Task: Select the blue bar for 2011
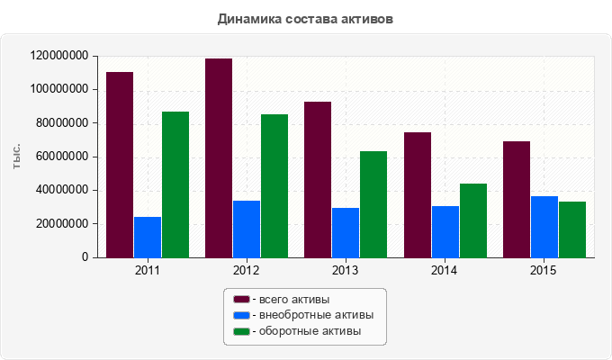click(148, 237)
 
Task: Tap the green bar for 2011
click(175, 184)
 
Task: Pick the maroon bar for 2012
click(219, 157)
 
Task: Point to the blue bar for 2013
click(346, 232)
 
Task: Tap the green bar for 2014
click(473, 220)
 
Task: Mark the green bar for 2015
click(572, 229)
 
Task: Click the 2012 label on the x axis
click(247, 270)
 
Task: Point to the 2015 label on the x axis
click(544, 270)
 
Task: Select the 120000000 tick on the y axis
click(58, 56)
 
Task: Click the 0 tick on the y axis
click(85, 257)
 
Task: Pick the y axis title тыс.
click(17, 157)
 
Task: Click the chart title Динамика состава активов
click(306, 18)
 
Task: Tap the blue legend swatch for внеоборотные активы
click(241, 315)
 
